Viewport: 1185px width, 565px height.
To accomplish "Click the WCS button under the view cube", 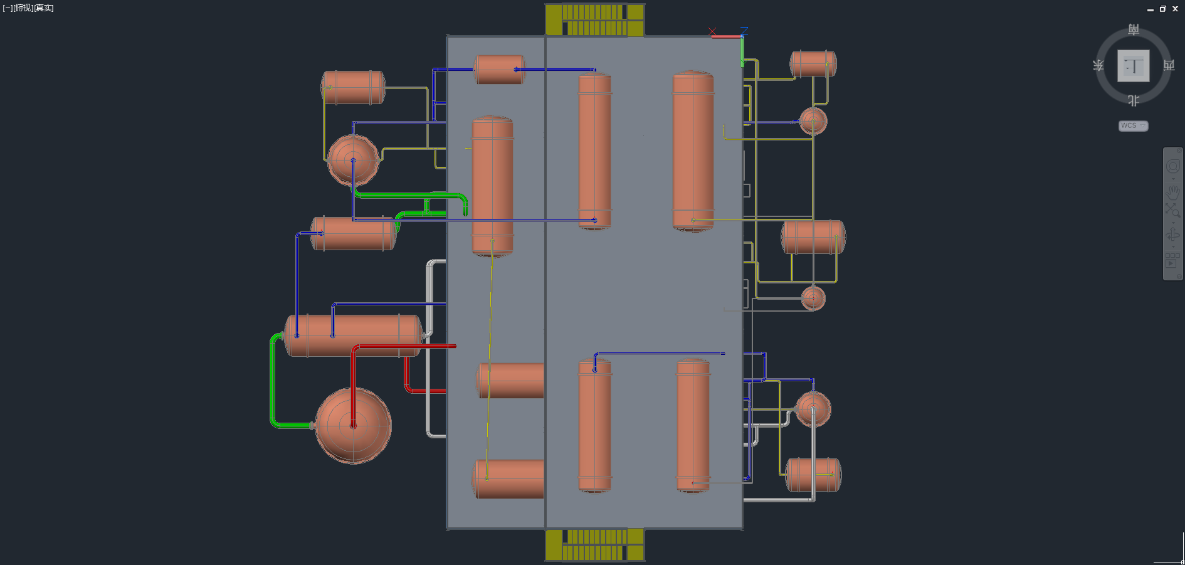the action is [x=1132, y=126].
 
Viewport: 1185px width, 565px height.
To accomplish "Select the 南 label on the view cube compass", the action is [x=1134, y=29].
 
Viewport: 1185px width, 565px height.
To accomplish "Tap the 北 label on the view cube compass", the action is [x=1134, y=100].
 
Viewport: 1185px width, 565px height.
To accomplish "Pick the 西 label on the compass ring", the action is [x=1169, y=65].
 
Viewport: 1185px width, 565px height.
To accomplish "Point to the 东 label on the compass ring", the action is [x=1098, y=65].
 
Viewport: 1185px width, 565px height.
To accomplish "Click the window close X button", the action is [x=1175, y=9].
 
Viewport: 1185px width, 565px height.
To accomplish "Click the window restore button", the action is [x=1162, y=9].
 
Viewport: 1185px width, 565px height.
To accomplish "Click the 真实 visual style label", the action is [x=44, y=8].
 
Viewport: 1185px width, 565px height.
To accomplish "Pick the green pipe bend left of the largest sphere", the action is [x=273, y=383].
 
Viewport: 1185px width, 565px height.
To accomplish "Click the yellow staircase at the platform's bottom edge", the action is [x=594, y=545].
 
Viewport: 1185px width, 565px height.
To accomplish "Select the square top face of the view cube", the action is [x=1134, y=66].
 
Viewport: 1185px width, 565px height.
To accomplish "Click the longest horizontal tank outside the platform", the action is [x=353, y=335].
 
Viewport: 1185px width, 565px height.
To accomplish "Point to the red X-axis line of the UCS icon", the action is [x=726, y=37].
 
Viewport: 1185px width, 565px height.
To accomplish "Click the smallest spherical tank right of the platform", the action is [x=813, y=298].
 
